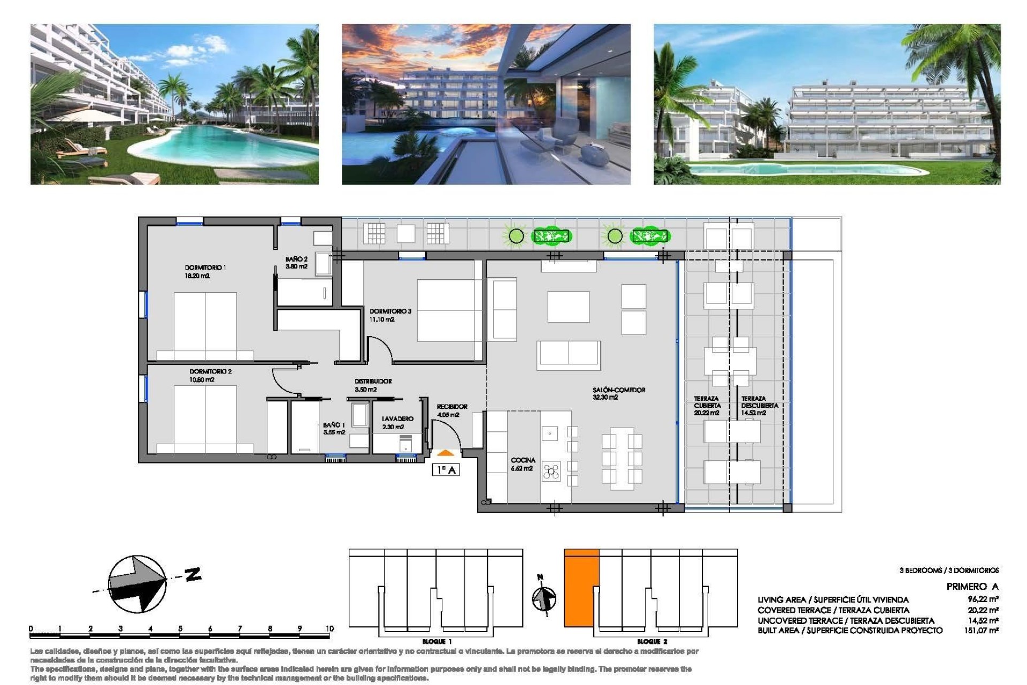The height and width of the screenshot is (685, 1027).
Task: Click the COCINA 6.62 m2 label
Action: point(523,464)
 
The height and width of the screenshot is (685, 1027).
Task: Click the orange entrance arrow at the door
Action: point(445,453)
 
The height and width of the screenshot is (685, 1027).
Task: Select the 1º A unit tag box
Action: point(446,470)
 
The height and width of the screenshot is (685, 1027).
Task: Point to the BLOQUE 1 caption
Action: point(437,642)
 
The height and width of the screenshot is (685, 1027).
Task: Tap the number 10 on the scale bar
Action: point(329,629)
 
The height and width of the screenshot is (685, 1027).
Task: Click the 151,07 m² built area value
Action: point(982,631)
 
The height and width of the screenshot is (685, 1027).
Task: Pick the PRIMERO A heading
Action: point(972,587)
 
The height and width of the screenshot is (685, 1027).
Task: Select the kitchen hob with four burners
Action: point(551,471)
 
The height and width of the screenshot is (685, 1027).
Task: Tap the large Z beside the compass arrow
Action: point(193,575)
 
